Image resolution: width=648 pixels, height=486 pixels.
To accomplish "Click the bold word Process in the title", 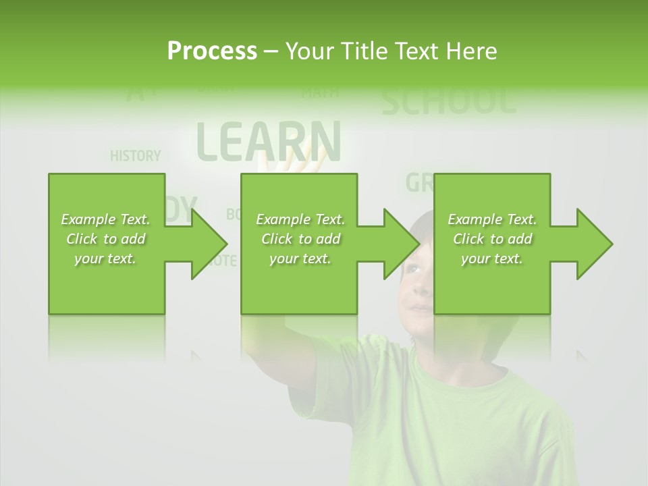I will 212,51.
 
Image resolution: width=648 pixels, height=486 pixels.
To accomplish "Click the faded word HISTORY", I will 135,156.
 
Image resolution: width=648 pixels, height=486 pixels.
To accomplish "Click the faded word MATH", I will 320,92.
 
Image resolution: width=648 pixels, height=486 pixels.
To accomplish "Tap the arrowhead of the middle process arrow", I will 401,244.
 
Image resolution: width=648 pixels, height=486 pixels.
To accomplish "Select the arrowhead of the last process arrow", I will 594,244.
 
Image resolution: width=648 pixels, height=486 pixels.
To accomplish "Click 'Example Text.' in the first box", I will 105,219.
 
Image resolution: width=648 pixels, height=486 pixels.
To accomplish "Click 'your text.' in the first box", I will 105,259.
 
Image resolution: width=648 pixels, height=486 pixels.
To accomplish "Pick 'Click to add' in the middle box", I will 300,239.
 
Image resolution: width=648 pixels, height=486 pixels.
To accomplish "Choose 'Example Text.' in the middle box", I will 300,219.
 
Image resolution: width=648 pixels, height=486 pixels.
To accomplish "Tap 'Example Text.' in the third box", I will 492,219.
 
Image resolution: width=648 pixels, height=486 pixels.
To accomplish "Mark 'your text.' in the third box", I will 492,259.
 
